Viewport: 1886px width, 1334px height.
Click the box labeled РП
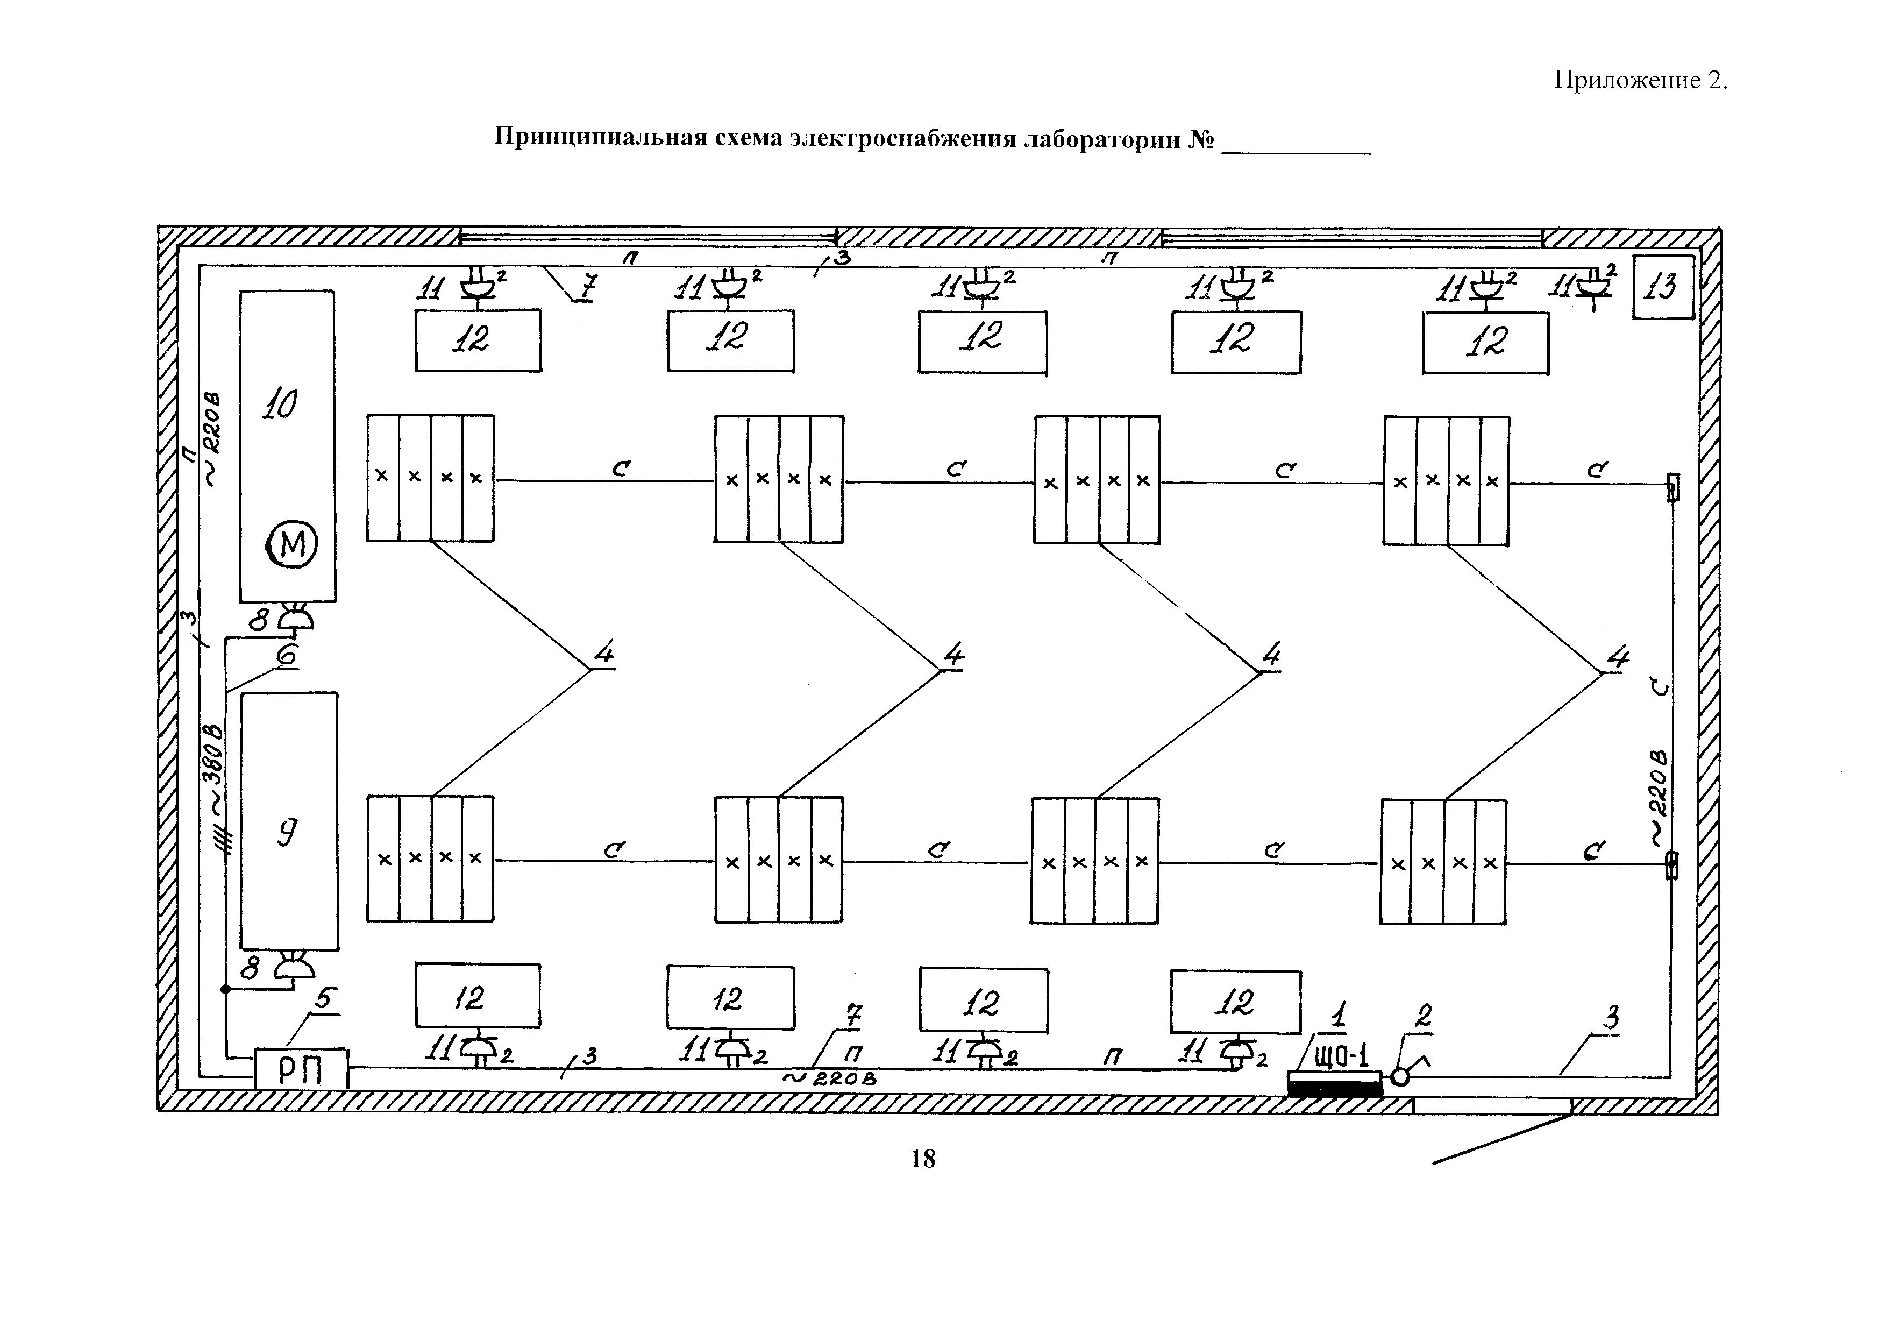pos(301,1069)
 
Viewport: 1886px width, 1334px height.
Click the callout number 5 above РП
pos(324,999)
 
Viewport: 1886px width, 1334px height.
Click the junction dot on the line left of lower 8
pos(226,989)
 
